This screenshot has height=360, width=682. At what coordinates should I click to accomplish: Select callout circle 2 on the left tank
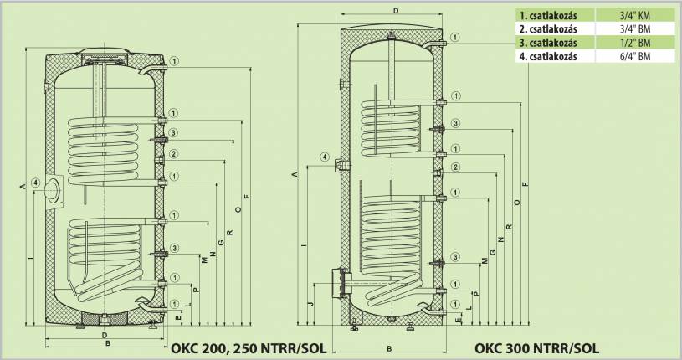tap(172, 154)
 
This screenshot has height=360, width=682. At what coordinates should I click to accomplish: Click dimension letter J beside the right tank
tap(310, 303)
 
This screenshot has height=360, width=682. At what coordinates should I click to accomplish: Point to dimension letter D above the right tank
tap(396, 11)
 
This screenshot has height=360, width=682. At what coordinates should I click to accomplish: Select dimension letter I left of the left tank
tap(29, 260)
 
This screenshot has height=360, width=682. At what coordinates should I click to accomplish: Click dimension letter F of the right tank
tap(525, 183)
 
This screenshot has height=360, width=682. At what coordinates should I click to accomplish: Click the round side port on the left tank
tap(54, 190)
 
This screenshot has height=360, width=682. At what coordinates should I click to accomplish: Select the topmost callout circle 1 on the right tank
tap(455, 37)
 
